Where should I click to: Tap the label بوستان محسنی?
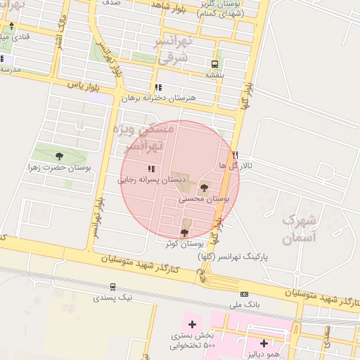(204, 200)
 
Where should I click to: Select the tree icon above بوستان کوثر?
(186, 231)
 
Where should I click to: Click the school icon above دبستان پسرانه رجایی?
(150, 169)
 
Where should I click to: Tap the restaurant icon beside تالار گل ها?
(235, 154)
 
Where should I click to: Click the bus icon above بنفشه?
(214, 63)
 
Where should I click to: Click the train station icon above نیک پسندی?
(112, 287)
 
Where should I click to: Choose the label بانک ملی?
(244, 306)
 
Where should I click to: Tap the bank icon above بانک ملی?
(244, 295)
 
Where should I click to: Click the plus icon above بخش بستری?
(191, 325)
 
